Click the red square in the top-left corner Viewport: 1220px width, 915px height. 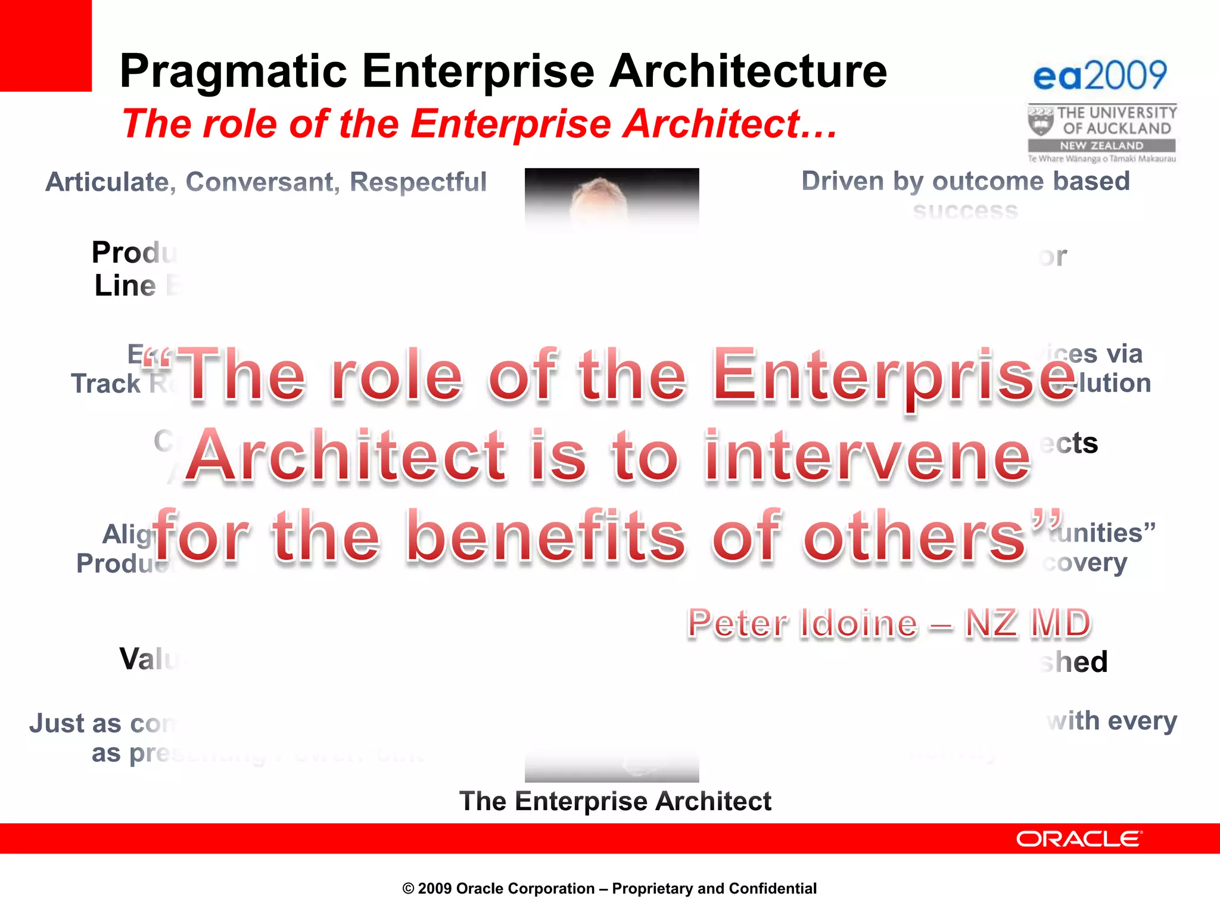[x=45, y=45]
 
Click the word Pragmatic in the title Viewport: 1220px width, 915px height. [x=233, y=71]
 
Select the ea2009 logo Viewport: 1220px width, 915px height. [x=1100, y=76]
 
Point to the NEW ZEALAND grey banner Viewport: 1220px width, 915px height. [x=1101, y=145]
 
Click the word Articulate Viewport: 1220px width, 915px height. [x=110, y=182]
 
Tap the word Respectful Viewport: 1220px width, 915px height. [x=418, y=182]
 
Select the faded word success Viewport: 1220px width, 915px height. [x=965, y=211]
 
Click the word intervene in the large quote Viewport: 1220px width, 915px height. [x=867, y=457]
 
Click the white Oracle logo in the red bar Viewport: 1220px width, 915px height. [x=1078, y=839]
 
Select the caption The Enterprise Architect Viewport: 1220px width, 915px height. [x=615, y=801]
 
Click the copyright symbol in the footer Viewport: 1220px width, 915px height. [x=408, y=889]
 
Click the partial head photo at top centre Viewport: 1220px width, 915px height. [x=611, y=197]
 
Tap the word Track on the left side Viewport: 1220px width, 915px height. [x=105, y=384]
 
